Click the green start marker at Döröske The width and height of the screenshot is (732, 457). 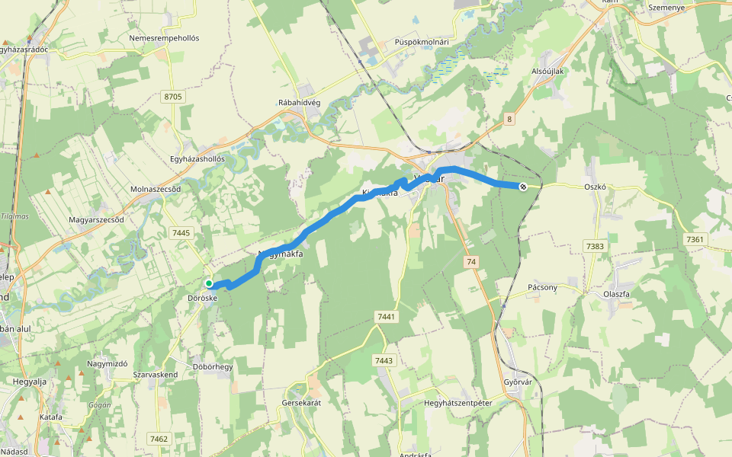pos(209,283)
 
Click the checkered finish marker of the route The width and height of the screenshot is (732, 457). pos(522,187)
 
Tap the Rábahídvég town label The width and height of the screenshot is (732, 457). pos(303,102)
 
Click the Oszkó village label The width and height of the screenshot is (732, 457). pos(595,187)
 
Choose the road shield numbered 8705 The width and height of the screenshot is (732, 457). pos(173,97)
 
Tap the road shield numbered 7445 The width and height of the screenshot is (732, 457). pos(182,232)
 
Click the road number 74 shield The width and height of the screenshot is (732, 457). pos(471,261)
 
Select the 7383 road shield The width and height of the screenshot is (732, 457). pos(595,245)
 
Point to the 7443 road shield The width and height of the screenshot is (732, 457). pos(384,360)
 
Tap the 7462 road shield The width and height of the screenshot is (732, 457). pos(159,439)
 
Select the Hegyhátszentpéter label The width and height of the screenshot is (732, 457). pos(457,402)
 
